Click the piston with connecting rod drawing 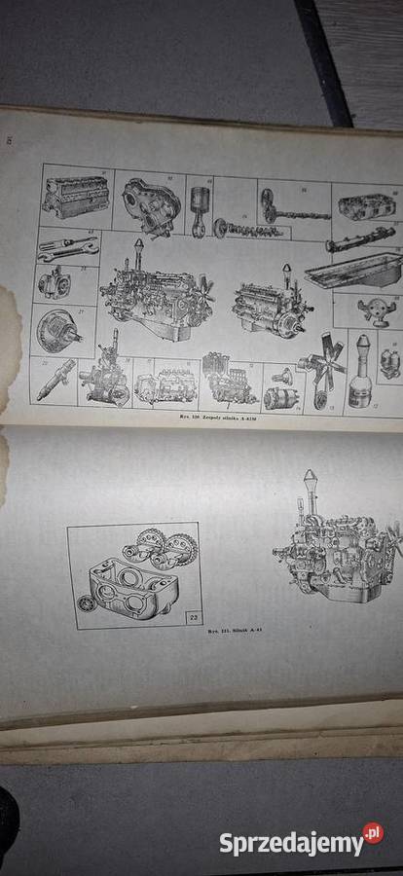coord(201,204)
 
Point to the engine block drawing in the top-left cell coord(73,198)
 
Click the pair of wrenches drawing coord(66,247)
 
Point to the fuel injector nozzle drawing coord(53,378)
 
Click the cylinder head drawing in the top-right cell coord(365,205)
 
